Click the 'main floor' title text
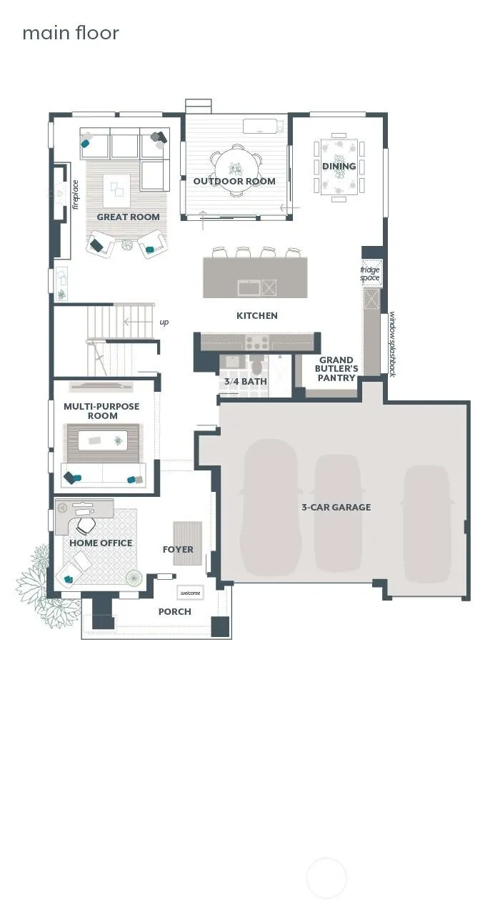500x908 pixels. click(71, 33)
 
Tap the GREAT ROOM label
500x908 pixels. click(128, 217)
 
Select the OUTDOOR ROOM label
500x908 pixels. click(234, 181)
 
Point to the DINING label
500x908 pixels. click(339, 166)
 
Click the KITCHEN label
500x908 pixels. click(257, 316)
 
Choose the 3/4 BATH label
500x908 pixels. click(245, 382)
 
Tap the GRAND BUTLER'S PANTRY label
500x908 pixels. click(336, 369)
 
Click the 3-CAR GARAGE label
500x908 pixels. click(336, 507)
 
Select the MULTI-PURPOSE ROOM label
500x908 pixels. click(101, 411)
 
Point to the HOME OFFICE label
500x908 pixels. click(101, 543)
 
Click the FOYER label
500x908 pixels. click(178, 550)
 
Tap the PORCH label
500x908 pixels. click(174, 612)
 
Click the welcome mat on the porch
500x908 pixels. click(190, 593)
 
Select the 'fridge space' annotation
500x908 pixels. click(369, 274)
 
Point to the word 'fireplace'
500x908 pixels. click(76, 195)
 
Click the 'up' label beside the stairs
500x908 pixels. click(164, 322)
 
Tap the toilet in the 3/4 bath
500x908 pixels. click(256, 365)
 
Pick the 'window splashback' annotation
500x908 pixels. click(392, 344)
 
